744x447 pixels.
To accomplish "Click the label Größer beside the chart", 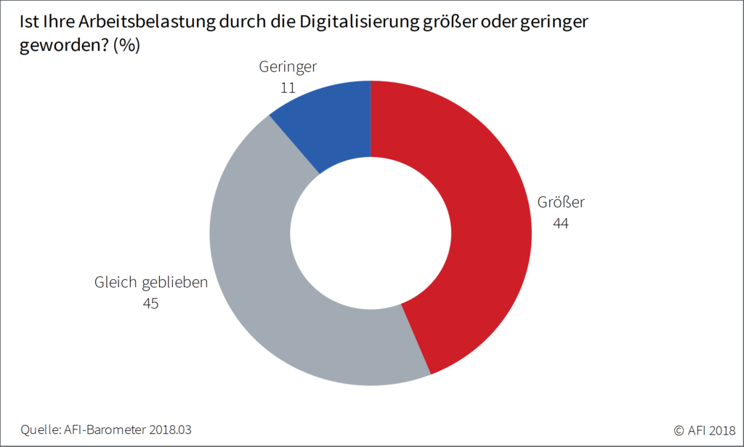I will click(x=561, y=202).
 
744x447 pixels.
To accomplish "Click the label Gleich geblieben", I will click(x=151, y=282).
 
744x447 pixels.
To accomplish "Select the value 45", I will click(x=150, y=303).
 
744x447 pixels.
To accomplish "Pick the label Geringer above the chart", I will click(x=288, y=67).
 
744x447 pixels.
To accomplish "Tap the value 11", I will click(x=288, y=88).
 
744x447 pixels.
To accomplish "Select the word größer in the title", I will click(x=442, y=23).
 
